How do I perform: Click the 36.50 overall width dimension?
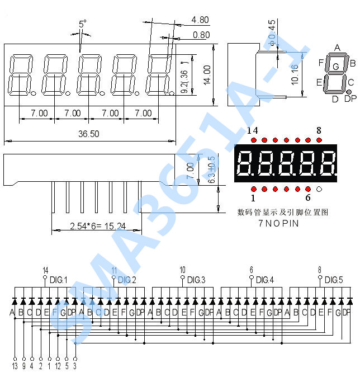[88, 134]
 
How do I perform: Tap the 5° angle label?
[82, 24]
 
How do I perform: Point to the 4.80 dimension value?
[200, 20]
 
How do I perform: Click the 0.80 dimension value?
[201, 35]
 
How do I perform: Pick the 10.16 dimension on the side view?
[295, 74]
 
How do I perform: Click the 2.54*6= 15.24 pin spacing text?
[98, 226]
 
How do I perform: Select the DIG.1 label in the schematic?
[58, 280]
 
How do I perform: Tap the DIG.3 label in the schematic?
[196, 280]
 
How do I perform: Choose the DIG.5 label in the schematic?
[334, 280]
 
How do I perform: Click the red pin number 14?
[252, 130]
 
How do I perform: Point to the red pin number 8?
[319, 130]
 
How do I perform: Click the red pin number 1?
[253, 197]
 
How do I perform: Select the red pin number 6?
[307, 197]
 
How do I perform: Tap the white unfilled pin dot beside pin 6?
[319, 189]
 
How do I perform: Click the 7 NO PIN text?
[278, 223]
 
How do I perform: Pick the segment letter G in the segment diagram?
[335, 67]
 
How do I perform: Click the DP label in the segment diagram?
[350, 99]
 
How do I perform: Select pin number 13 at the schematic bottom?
[15, 366]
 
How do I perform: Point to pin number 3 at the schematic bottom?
[75, 366]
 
